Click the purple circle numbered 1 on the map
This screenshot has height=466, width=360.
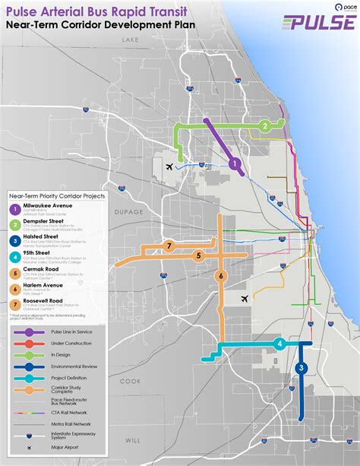(235, 163)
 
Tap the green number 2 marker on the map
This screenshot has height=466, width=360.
(264, 126)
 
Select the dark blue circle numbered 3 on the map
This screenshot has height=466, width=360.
(302, 369)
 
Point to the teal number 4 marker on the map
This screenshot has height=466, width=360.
(279, 344)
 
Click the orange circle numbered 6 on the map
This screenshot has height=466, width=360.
(221, 276)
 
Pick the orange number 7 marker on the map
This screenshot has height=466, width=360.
(170, 245)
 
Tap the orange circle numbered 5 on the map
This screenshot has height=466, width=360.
(198, 256)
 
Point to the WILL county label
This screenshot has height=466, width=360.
(134, 440)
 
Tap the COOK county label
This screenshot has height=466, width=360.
(130, 380)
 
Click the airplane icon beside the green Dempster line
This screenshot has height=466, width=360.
(169, 165)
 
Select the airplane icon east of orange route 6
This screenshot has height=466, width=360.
(244, 299)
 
